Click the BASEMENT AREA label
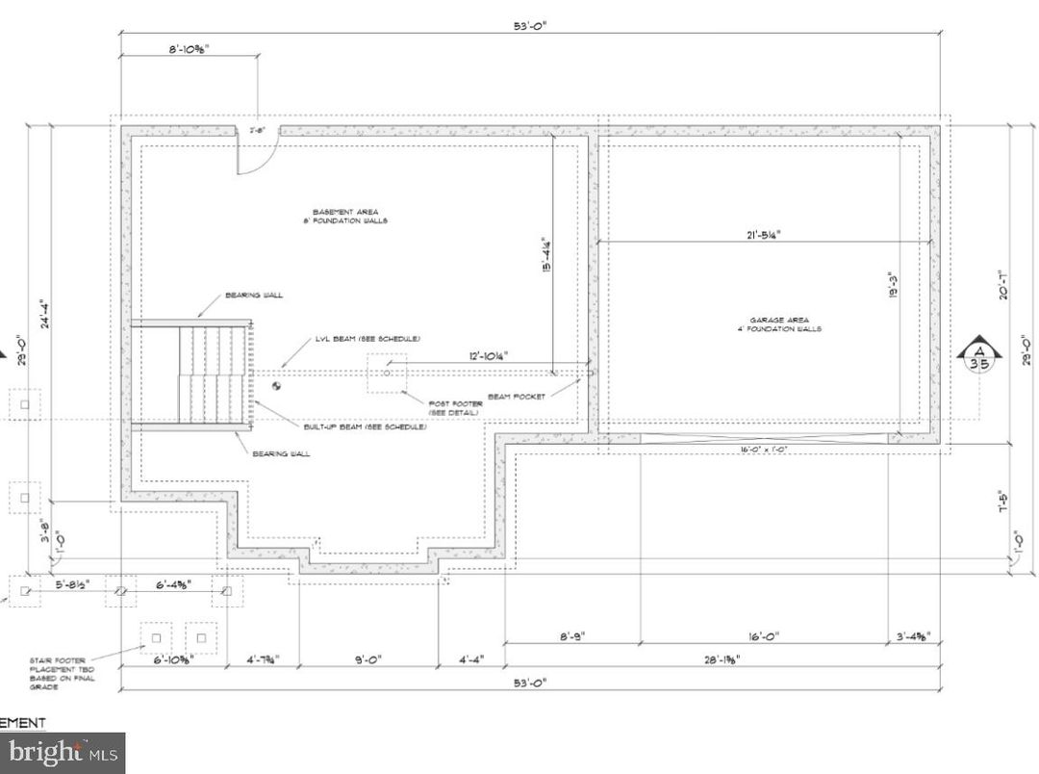[344, 216]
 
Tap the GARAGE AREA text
[779, 324]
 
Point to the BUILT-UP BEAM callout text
[365, 426]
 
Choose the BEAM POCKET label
[516, 397]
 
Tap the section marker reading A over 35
[978, 356]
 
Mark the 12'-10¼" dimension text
[489, 356]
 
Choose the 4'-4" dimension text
[470, 660]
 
